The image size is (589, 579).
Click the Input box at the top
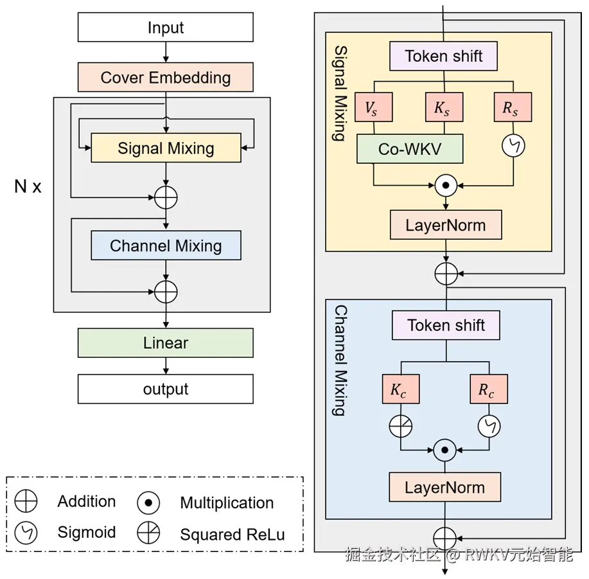pyautogui.click(x=166, y=28)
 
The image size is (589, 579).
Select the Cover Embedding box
pyautogui.click(x=166, y=78)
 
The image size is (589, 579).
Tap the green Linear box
pyautogui.click(x=166, y=343)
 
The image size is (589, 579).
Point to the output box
pyautogui.click(x=166, y=389)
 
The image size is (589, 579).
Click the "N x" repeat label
pyautogui.click(x=28, y=187)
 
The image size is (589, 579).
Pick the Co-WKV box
pyautogui.click(x=410, y=149)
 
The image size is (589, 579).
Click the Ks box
pyautogui.click(x=442, y=109)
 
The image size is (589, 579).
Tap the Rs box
pyautogui.click(x=511, y=109)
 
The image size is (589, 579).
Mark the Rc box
pyautogui.click(x=488, y=389)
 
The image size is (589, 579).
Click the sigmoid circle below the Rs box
pyautogui.click(x=513, y=146)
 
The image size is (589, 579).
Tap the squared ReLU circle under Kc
pyautogui.click(x=400, y=426)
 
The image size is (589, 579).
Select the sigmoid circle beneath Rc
pyautogui.click(x=489, y=426)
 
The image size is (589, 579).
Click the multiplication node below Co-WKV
pyautogui.click(x=445, y=186)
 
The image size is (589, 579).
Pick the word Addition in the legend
pyautogui.click(x=87, y=502)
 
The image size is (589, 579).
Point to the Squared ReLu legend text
pyautogui.click(x=233, y=535)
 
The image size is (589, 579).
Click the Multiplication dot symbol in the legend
pyautogui.click(x=148, y=503)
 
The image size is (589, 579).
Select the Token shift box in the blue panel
pyautogui.click(x=446, y=326)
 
